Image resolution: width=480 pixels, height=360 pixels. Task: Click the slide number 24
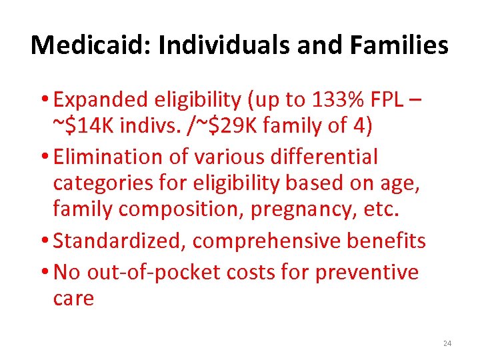447,343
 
